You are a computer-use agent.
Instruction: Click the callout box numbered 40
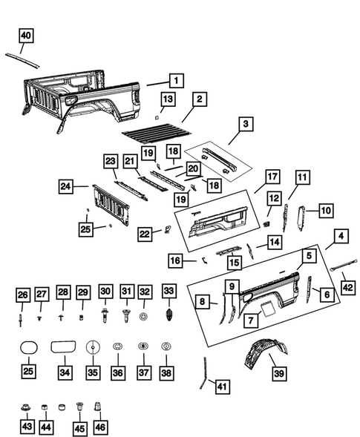(25, 36)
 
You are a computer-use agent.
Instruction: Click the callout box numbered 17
(272, 177)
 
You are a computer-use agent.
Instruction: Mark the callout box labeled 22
(145, 234)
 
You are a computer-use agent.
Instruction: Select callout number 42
(348, 283)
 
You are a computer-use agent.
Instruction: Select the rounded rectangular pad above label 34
(65, 346)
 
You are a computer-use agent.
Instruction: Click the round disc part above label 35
(93, 347)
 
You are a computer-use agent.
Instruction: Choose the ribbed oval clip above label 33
(169, 315)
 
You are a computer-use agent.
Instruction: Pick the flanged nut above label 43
(27, 407)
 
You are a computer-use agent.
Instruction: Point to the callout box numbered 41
(222, 386)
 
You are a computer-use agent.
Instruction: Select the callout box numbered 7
(252, 321)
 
